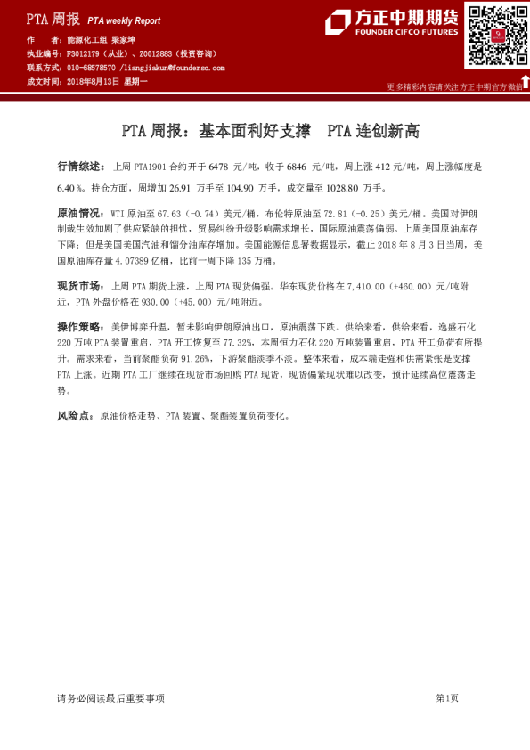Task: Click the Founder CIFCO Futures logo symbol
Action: click(338, 21)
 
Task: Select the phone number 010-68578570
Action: click(92, 67)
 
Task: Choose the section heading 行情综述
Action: click(77, 167)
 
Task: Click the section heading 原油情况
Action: click(77, 215)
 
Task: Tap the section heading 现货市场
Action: click(77, 287)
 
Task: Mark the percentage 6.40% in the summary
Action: click(70, 189)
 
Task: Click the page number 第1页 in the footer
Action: click(446, 698)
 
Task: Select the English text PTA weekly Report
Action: click(124, 20)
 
